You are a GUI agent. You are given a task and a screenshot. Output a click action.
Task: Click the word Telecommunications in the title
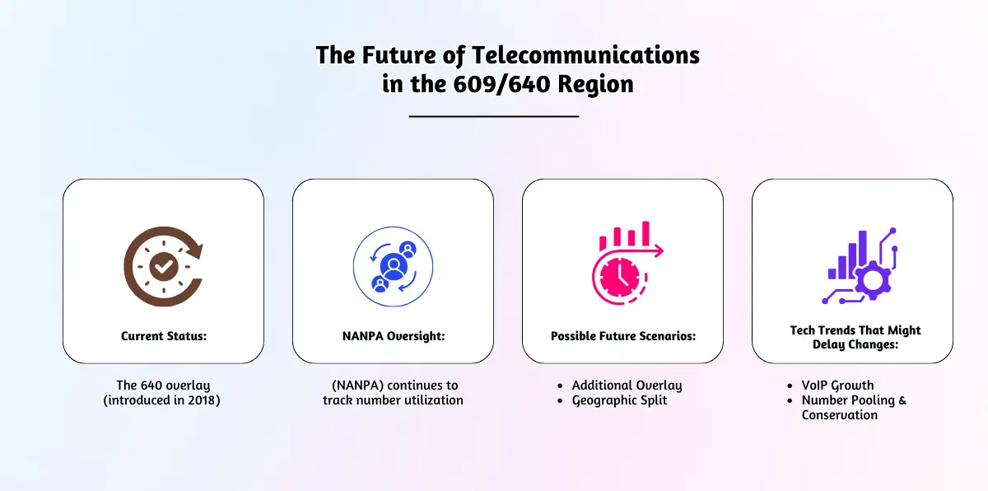coord(585,55)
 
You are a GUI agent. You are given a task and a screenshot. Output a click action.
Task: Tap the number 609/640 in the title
coord(501,84)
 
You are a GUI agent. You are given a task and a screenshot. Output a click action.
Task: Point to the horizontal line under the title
coord(493,116)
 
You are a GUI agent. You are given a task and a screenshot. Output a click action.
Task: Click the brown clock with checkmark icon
coord(164,266)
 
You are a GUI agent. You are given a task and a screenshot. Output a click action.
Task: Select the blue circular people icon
coord(393,266)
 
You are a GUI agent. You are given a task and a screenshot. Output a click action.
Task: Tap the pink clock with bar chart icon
coord(627,263)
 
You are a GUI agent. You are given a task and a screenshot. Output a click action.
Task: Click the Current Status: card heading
coord(164,336)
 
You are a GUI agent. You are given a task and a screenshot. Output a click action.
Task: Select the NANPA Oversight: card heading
coord(394,336)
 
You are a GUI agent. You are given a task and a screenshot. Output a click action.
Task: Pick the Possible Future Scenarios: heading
coord(623,336)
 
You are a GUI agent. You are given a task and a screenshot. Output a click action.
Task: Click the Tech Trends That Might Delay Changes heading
coord(855,337)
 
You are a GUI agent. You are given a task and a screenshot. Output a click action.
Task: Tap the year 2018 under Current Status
coord(202,400)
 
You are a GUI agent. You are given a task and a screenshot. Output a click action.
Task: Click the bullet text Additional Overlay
coord(627,385)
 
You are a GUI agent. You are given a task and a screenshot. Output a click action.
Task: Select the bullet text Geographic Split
coord(619,400)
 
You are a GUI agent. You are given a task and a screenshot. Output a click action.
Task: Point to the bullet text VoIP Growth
coord(837,385)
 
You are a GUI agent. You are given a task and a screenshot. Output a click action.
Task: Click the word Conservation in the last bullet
coord(839,415)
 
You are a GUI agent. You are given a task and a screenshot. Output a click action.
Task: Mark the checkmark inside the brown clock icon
coord(164,266)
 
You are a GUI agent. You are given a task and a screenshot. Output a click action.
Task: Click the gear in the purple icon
coord(873,281)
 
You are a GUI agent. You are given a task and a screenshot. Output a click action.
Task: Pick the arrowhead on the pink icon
coord(659,250)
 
